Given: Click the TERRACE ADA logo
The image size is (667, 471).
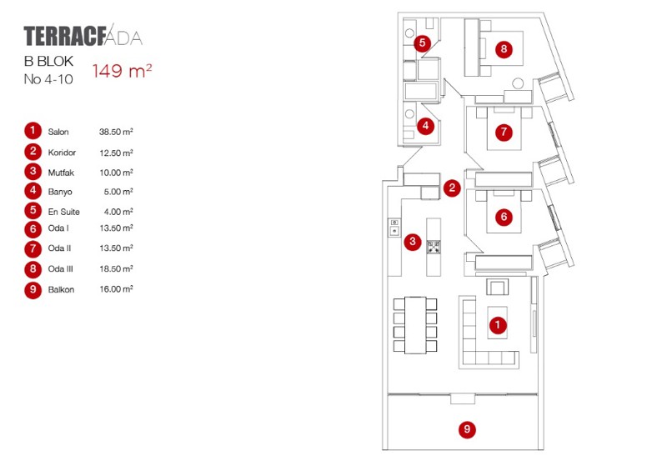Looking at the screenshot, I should click(x=83, y=37).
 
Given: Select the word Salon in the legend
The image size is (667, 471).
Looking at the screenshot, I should click(x=58, y=132).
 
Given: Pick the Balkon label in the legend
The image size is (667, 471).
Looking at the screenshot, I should click(x=61, y=289).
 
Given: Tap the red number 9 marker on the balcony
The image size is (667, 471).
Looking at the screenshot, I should click(x=468, y=430).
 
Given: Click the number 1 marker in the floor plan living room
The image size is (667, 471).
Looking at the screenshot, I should click(x=497, y=325).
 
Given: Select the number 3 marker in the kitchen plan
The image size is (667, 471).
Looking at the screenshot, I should click(x=412, y=243).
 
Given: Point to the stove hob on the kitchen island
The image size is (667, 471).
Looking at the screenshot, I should click(x=434, y=246).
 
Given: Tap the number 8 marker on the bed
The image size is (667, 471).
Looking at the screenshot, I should click(x=504, y=49).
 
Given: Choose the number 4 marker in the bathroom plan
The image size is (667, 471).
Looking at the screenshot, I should click(x=425, y=127).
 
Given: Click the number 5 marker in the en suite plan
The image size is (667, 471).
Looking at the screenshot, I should click(x=422, y=42).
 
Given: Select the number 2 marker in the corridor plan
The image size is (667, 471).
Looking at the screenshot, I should click(x=452, y=188).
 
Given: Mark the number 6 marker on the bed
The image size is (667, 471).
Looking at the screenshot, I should click(x=502, y=217).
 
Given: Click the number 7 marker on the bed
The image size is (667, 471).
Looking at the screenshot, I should click(x=502, y=132).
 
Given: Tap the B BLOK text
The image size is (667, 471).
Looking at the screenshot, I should click(x=49, y=62).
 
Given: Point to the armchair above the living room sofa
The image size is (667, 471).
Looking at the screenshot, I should click(x=497, y=288).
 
